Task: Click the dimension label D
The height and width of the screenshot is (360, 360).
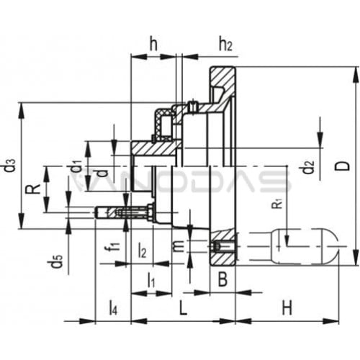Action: (345, 166)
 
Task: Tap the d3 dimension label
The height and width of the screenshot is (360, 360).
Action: (12, 166)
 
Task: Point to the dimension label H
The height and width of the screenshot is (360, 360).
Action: (287, 308)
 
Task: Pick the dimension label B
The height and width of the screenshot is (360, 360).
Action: (222, 279)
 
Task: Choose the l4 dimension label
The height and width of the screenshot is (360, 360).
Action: (113, 308)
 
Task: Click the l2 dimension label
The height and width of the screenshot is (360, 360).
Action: (143, 250)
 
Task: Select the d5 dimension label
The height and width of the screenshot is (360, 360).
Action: (57, 261)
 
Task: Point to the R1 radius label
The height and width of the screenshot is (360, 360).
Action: (277, 204)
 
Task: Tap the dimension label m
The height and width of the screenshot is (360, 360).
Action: (179, 246)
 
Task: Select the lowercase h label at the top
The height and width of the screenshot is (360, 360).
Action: (153, 44)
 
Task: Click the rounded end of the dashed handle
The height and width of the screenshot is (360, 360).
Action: (333, 246)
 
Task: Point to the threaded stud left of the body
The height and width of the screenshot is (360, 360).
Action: (125, 212)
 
